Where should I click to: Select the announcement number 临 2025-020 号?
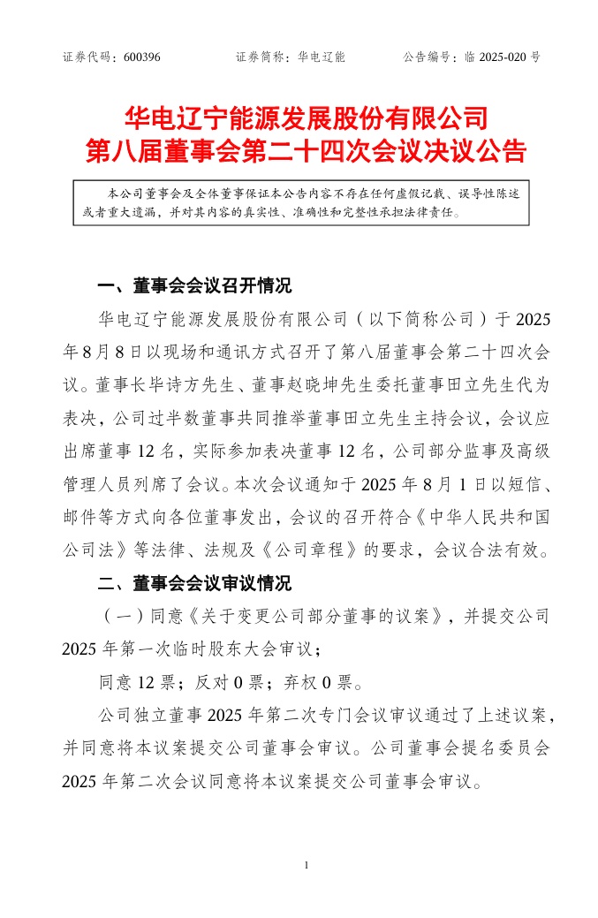[502, 57]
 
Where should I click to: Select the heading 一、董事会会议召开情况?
[193, 286]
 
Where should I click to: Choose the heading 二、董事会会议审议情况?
[193, 584]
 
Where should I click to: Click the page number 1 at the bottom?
[305, 864]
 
